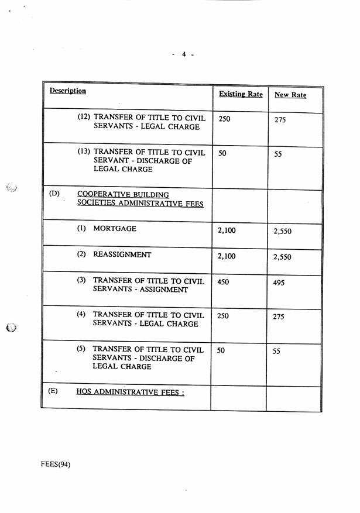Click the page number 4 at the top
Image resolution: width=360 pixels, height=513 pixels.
click(x=183, y=54)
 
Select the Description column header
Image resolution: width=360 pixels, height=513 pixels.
click(x=67, y=91)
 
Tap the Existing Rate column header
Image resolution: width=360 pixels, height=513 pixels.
click(x=240, y=94)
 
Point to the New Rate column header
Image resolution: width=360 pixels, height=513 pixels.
click(x=290, y=95)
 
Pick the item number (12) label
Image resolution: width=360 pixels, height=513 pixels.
click(x=84, y=117)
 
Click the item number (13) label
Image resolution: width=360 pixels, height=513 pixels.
click(x=84, y=152)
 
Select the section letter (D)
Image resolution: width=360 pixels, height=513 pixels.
click(x=54, y=194)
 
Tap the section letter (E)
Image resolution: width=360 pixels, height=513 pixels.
click(x=53, y=390)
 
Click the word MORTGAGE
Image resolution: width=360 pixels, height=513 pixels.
click(x=115, y=229)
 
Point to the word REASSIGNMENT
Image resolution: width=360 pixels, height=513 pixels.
click(x=122, y=255)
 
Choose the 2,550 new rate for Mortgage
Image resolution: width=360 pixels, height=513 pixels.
click(x=282, y=231)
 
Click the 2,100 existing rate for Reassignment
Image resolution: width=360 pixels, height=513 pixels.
click(x=226, y=256)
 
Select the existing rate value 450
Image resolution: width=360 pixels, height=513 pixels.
click(x=222, y=282)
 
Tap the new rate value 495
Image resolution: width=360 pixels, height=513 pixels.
click(x=280, y=283)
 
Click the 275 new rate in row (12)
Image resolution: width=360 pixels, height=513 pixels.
click(x=280, y=120)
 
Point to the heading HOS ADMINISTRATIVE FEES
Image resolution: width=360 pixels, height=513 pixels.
click(x=130, y=392)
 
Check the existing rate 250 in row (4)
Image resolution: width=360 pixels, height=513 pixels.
click(x=222, y=316)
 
